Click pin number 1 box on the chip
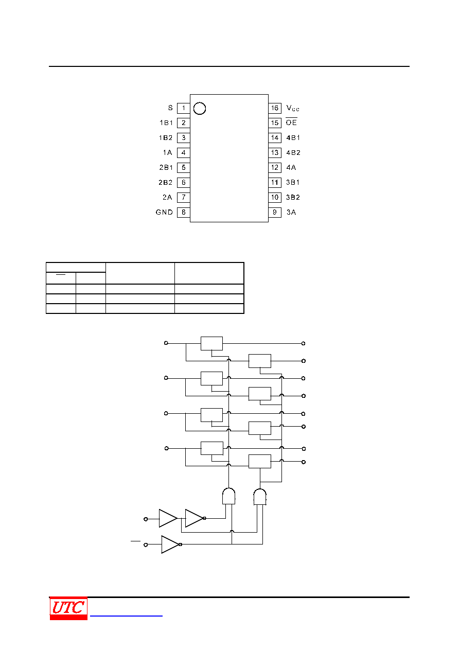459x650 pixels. tap(183, 108)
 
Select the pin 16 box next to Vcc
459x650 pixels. tap(274, 108)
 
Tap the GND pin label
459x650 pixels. tap(164, 212)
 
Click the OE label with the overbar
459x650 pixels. tap(291, 122)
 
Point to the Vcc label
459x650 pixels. tap(292, 108)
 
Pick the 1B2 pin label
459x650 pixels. tap(166, 138)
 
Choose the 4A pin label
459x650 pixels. tap(291, 167)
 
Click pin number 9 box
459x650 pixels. tap(274, 212)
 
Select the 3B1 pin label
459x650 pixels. tap(293, 182)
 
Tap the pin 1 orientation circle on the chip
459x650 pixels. tap(200, 109)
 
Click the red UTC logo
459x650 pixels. tap(68, 608)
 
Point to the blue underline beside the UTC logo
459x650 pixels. tap(126, 616)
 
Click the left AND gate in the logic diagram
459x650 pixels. tap(228, 496)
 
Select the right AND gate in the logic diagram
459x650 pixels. tap(260, 497)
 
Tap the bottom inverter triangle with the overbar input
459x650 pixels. tap(170, 544)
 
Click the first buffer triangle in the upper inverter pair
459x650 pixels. tap(168, 518)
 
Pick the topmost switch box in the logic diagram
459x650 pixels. tap(212, 344)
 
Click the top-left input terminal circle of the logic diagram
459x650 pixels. tap(166, 343)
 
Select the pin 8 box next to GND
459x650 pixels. tap(183, 212)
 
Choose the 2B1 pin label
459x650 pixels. tap(166, 167)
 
